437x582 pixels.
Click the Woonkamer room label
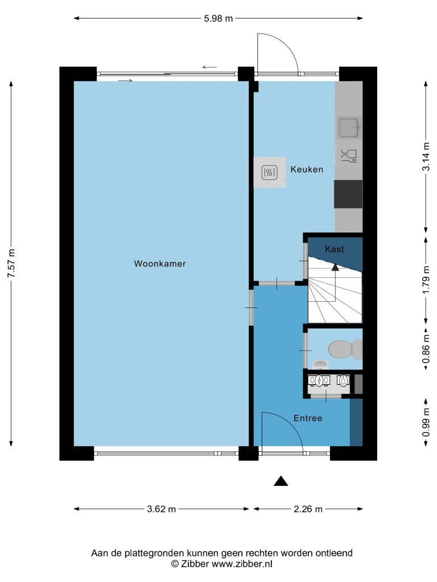160,264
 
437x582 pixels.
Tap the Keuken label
307,169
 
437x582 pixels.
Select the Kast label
335,249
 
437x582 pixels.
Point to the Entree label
308,418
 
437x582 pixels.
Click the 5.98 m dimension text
218,18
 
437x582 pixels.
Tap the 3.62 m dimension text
161,509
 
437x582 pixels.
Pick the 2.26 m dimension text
308,509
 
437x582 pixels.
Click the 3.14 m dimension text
426,156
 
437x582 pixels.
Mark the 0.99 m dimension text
426,422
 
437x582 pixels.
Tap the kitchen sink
349,127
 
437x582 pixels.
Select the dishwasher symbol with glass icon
349,156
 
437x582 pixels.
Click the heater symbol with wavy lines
269,172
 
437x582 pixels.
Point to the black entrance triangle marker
281,481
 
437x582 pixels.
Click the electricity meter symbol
319,380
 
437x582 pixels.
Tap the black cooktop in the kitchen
348,194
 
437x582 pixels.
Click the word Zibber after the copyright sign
195,564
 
